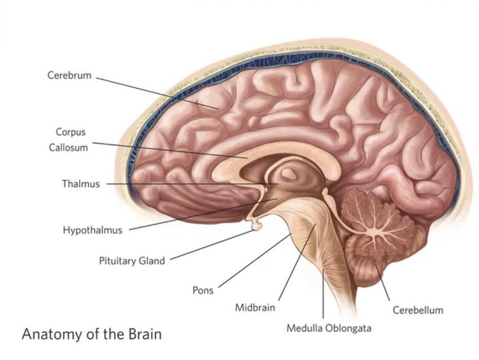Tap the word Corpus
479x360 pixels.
click(x=71, y=133)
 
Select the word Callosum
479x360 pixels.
click(x=68, y=147)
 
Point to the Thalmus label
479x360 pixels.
click(x=81, y=183)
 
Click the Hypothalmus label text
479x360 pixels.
click(x=93, y=230)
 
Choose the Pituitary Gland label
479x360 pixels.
click(x=131, y=261)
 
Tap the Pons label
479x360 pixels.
click(x=203, y=291)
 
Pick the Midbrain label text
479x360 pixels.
click(x=255, y=308)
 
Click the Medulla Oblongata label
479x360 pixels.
click(x=329, y=328)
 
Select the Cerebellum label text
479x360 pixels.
click(x=417, y=310)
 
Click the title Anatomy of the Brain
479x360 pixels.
click(x=91, y=333)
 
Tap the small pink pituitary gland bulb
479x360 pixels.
click(x=256, y=227)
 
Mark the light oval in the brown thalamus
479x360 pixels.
click(x=290, y=174)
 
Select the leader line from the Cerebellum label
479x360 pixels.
click(x=382, y=283)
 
